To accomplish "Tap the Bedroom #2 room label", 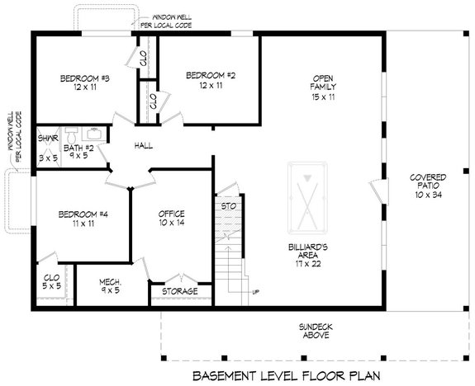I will click(210, 81).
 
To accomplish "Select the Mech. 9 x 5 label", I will click(111, 285).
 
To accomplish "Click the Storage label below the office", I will click(179, 291).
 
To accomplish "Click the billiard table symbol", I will click(305, 198).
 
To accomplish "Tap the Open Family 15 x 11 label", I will click(323, 86).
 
